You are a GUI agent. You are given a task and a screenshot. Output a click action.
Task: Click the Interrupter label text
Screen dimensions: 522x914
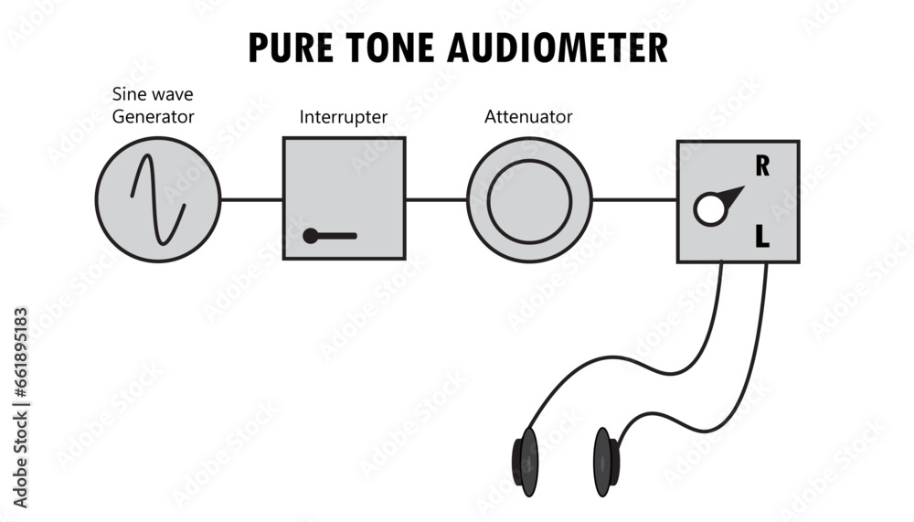coord(344,117)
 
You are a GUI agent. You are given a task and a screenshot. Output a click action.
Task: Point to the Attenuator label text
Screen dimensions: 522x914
coord(528,117)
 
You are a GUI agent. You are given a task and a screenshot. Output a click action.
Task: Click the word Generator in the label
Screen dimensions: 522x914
coord(154,116)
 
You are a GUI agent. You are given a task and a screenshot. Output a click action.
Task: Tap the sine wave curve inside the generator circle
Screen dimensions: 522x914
coord(158,199)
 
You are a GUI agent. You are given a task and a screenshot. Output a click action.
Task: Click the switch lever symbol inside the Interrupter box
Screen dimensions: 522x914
coord(330,236)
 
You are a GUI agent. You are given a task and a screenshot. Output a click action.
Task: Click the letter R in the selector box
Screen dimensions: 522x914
coord(761,166)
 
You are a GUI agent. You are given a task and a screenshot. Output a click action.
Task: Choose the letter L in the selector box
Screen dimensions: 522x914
coord(761,239)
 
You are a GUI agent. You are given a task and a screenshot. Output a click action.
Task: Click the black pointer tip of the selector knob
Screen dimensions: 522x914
coord(736,193)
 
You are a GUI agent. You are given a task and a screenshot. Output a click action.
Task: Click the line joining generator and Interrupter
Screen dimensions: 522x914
coord(251,199)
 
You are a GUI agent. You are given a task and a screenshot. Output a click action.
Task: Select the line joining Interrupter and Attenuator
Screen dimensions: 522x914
coord(436,199)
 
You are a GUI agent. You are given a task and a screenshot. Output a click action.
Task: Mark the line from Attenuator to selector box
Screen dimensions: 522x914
coord(634,199)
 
